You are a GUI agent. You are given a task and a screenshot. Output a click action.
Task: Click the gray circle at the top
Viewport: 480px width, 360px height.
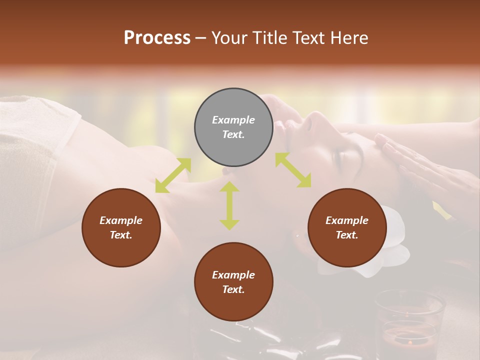pos(233,127)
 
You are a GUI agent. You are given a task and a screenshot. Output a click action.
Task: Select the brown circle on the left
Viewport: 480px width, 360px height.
pos(121,227)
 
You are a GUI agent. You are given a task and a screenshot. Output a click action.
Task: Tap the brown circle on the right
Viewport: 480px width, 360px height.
pos(347,227)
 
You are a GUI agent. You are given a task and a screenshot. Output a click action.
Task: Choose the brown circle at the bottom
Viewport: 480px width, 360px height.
pos(233,282)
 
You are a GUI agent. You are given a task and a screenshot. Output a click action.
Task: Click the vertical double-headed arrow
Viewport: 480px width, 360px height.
pos(229,205)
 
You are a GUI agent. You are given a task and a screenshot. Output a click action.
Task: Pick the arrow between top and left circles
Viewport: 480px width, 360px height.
pos(173,175)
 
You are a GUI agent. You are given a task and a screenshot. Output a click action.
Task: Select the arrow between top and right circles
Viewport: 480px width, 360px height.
pos(293,170)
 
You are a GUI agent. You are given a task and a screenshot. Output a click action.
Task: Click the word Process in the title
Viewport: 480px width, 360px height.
pos(157,37)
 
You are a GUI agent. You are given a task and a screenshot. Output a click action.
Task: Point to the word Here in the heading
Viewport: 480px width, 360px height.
pos(348,37)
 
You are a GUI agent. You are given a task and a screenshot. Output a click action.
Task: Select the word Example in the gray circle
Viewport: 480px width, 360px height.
pos(233,120)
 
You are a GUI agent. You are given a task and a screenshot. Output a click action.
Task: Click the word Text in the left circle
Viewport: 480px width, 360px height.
pos(121,235)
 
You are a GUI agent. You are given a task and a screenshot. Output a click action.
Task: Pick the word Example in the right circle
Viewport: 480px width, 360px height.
pos(347,220)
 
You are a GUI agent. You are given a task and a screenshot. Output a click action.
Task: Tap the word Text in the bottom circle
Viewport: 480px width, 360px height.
pos(233,289)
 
